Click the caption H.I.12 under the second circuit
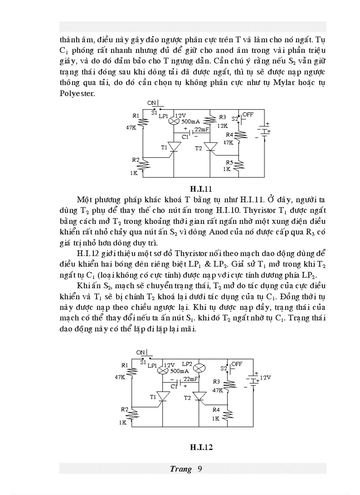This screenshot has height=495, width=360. [x=202, y=447]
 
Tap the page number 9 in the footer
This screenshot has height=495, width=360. [x=200, y=469]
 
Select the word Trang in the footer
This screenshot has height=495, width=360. [x=180, y=469]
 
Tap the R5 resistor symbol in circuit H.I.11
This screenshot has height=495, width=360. [x=239, y=165]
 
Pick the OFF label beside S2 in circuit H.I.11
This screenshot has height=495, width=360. [x=248, y=114]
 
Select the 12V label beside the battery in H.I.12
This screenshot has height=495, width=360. [x=264, y=378]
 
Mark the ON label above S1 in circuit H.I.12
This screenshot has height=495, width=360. [x=141, y=352]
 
